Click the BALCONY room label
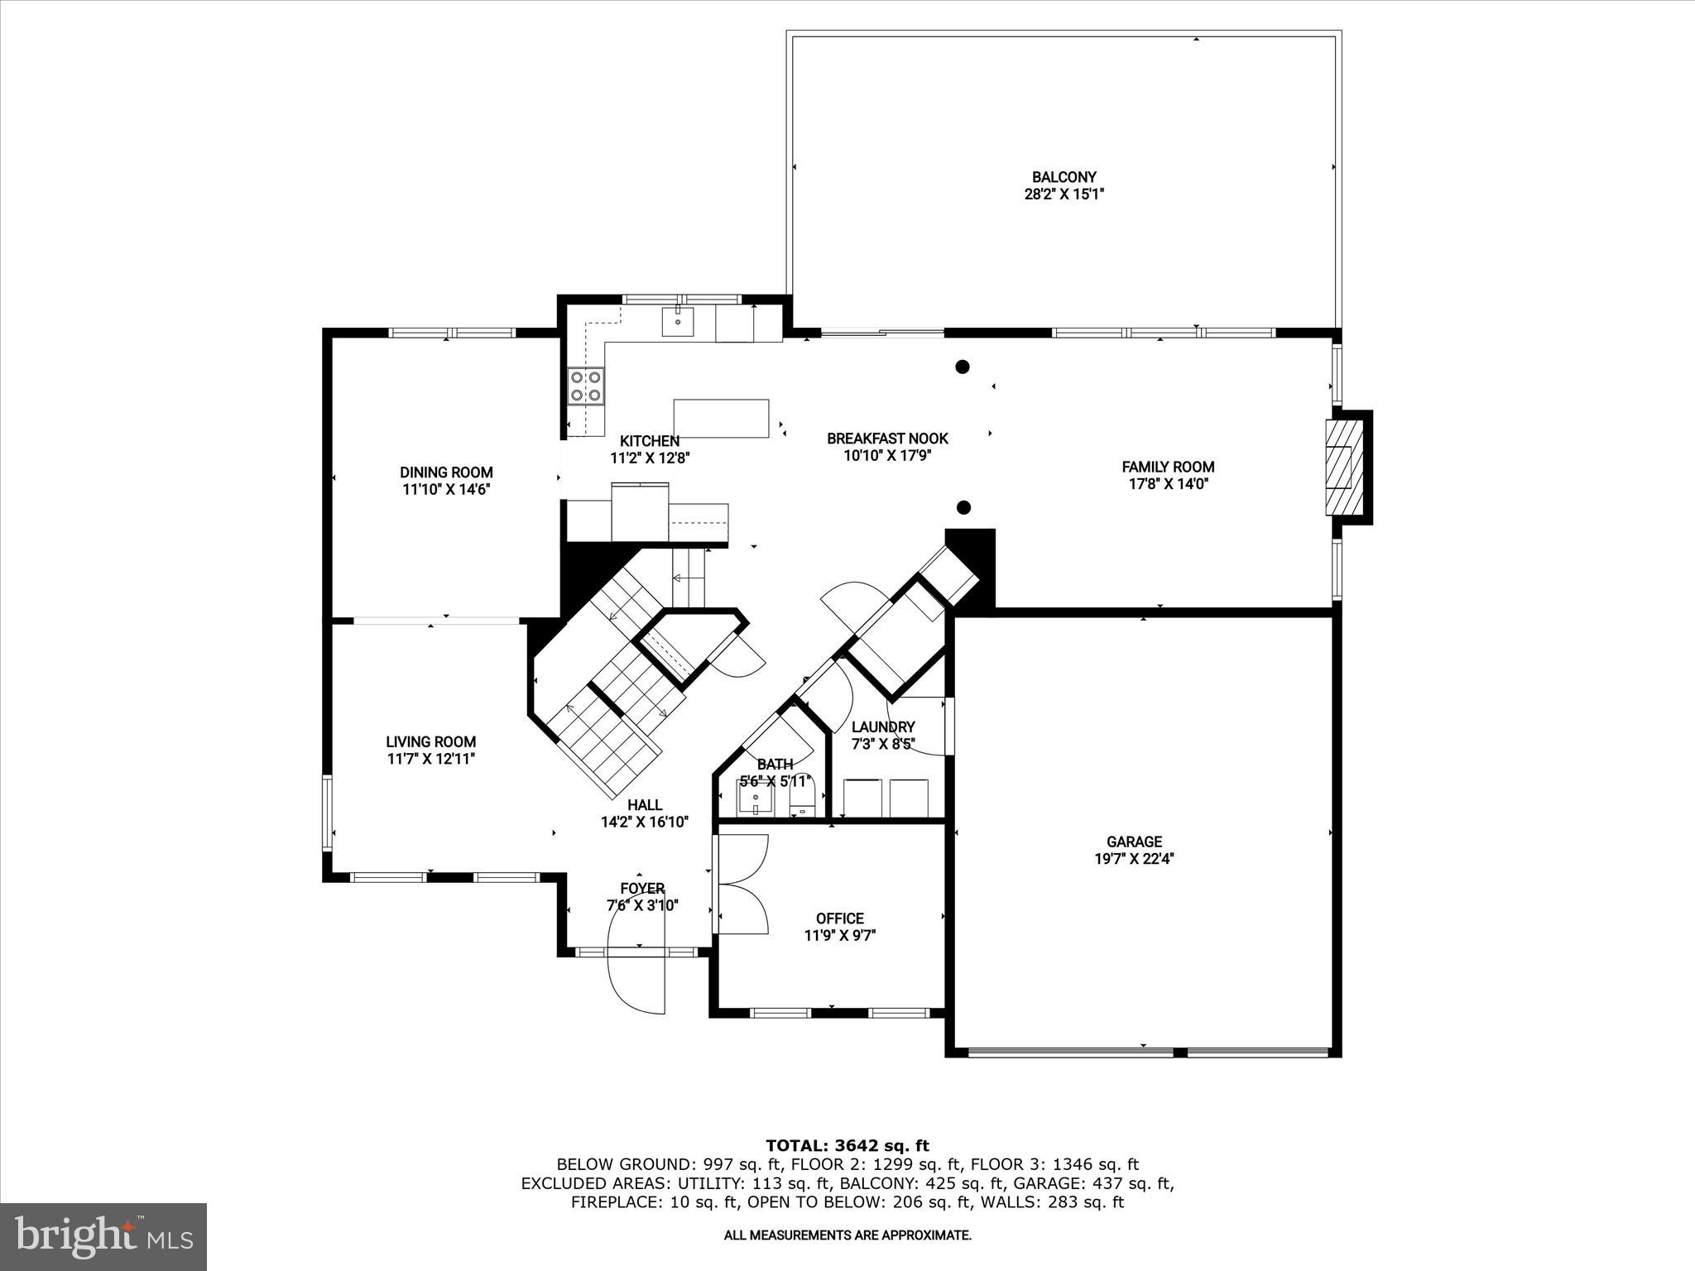coord(1064,177)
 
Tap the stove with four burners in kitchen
coord(585,386)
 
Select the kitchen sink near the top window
coord(678,321)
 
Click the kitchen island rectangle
coord(721,419)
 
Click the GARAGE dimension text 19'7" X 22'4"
coord(1134,859)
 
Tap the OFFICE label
coord(839,918)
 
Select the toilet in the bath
coord(803,800)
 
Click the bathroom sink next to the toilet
coord(756,800)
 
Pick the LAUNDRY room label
coord(883,727)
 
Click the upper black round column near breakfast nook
coord(963,367)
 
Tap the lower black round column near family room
coord(963,507)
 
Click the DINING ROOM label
coord(446,472)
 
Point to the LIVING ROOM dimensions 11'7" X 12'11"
coord(430,759)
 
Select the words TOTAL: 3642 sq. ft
coord(847,1145)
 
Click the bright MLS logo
coord(103,1236)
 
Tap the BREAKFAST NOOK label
coord(887,439)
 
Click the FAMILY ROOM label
coord(1167,467)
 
